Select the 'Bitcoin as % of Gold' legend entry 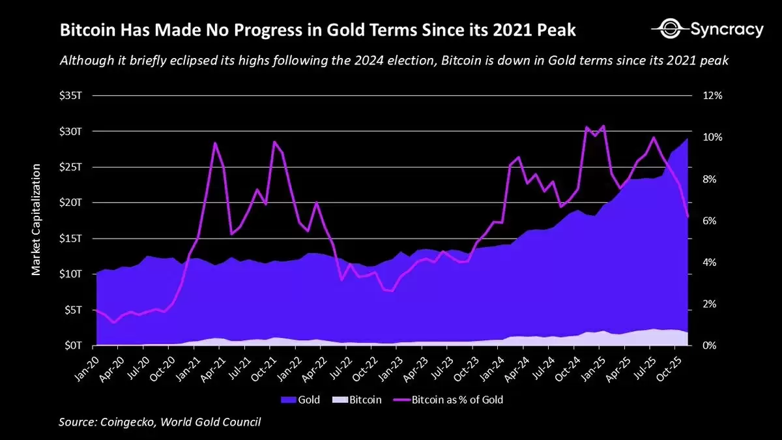pyautogui.click(x=449, y=400)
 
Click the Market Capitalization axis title pyautogui.click(x=36, y=220)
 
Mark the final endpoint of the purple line pyautogui.click(x=688, y=216)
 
